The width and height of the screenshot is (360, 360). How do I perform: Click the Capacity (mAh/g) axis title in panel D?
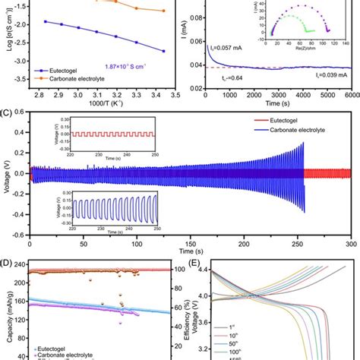tap(8, 311)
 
